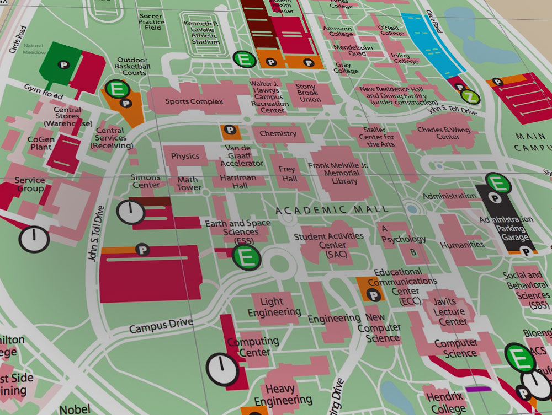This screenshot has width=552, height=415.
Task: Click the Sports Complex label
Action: click(194, 101)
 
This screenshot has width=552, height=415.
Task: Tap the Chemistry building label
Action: click(278, 133)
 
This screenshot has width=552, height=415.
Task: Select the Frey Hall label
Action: click(287, 174)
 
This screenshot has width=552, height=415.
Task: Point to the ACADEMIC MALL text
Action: click(331, 209)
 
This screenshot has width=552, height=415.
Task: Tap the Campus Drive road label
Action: click(161, 325)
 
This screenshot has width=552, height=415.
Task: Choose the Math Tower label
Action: click(189, 184)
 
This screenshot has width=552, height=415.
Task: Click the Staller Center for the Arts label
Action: click(379, 137)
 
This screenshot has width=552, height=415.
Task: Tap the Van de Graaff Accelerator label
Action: click(242, 156)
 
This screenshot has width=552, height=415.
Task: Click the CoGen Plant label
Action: click(40, 143)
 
